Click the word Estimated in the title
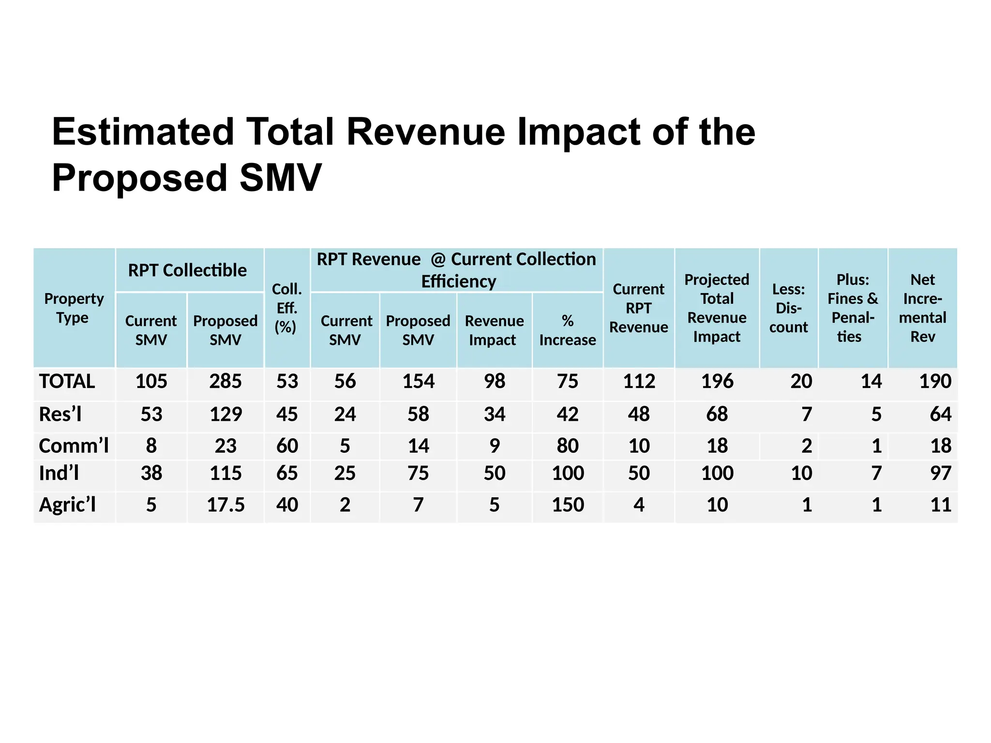point(143,132)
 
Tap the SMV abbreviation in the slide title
point(280,178)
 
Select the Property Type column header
point(74,308)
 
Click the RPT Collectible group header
point(187,270)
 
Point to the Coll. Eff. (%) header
point(286,308)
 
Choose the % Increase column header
point(567,330)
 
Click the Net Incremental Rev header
point(922,308)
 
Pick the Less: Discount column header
point(788,308)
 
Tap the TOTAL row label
point(67,382)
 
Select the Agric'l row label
point(67,505)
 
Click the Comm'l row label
point(74,446)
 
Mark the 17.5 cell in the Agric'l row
point(225,505)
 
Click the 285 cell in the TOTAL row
point(225,382)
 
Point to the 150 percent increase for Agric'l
point(568,505)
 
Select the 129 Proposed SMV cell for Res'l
point(225,415)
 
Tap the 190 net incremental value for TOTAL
point(935,382)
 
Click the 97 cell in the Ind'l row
point(940,473)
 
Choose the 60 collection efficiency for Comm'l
point(287,446)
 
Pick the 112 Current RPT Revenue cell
point(639,382)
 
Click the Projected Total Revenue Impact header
point(717,308)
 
